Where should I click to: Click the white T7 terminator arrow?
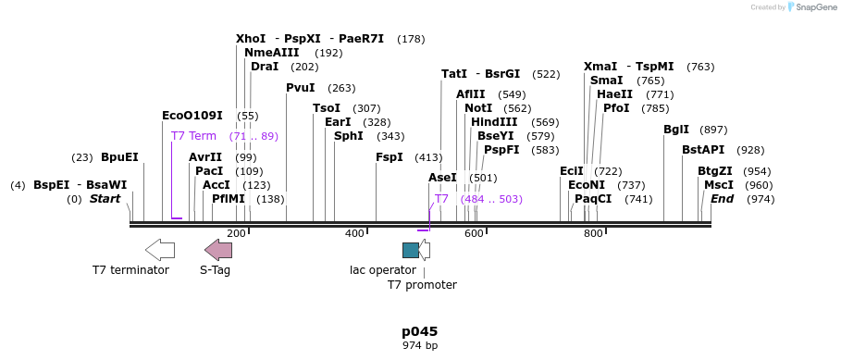[160, 249]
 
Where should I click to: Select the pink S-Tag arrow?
[218, 249]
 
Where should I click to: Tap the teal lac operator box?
[410, 250]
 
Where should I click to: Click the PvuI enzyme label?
[301, 88]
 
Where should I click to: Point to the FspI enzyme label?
[389, 157]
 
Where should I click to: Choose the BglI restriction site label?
[676, 130]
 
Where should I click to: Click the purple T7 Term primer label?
[193, 136]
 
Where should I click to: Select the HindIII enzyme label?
[494, 122]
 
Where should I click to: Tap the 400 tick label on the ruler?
[354, 233]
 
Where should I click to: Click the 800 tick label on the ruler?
[593, 233]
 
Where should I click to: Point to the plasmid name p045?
[419, 331]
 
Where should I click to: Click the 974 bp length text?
[419, 345]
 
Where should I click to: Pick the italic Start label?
[105, 199]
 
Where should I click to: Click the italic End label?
[722, 199]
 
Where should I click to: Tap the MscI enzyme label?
[718, 185]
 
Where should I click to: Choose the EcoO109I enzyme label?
[192, 116]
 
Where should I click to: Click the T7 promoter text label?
[422, 284]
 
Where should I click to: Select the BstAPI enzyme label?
[703, 150]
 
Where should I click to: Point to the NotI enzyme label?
[478, 108]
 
